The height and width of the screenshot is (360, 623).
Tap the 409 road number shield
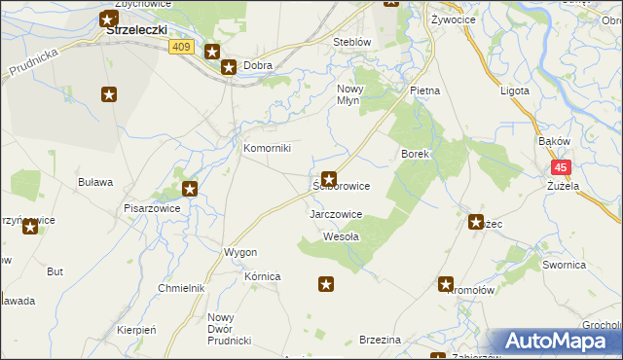tap(183, 46)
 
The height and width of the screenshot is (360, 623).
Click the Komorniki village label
tap(267, 149)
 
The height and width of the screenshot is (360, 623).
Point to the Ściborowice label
tap(341, 186)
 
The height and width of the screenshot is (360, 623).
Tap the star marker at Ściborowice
tap(329, 179)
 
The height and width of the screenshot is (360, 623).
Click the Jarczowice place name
tap(336, 214)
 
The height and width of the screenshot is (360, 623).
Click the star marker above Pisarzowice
tap(190, 189)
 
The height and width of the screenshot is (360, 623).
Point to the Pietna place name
tap(425, 90)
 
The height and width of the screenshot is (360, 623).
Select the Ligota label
tap(513, 90)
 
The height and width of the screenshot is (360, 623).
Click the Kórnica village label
tap(263, 277)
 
